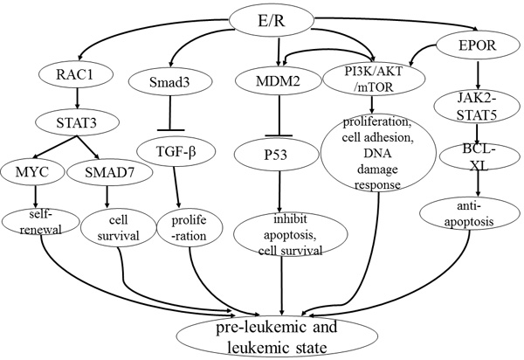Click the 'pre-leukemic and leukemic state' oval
[280, 336]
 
